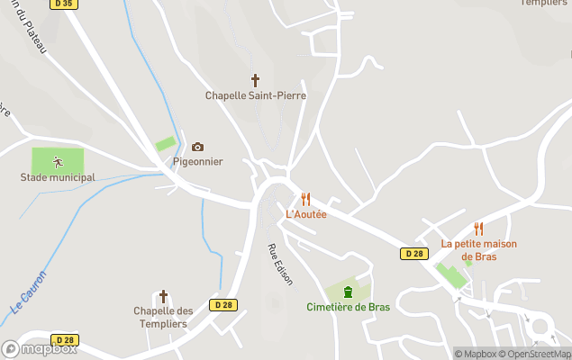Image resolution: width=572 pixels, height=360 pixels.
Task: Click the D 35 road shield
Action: pos(62,4)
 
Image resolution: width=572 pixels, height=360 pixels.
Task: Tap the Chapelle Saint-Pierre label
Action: pos(255,95)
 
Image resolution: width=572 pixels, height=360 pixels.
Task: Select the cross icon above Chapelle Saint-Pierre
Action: pos(255,80)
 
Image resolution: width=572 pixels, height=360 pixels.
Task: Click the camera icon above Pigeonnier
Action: pos(197,147)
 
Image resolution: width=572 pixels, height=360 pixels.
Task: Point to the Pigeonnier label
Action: pos(197,162)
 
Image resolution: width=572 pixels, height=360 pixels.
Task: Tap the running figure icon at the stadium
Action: pos(58,162)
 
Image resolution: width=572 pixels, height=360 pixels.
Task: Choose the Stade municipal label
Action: pos(58,177)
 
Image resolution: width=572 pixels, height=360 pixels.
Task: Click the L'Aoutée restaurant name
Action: pos(305,214)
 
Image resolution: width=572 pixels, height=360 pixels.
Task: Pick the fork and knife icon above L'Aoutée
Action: pos(305,199)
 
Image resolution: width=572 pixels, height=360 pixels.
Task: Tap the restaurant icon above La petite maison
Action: pos(478,229)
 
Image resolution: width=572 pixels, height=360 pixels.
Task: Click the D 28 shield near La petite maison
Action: pos(413,254)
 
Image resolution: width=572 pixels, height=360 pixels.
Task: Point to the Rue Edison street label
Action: pos(279,264)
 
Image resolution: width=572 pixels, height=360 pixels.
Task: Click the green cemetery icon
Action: pos(348,292)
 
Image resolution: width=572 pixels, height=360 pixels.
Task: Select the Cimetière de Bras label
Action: pos(348,307)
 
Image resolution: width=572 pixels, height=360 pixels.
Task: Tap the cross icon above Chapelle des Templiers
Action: pos(163,296)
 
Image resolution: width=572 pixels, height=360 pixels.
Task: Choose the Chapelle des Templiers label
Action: pos(163,317)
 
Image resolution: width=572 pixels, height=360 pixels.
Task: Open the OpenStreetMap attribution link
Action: pos(539,354)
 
